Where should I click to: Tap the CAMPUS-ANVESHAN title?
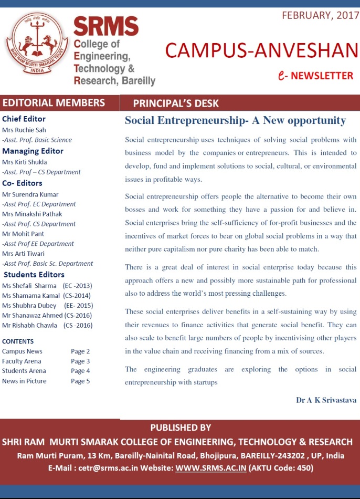pyautogui.click(x=261, y=50)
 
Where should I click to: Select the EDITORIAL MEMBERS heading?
pyautogui.click(x=54, y=103)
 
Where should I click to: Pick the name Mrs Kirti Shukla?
pyautogui.click(x=25, y=162)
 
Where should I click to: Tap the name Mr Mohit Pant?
pyautogui.click(x=23, y=234)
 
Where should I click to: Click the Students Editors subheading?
pyautogui.click(x=34, y=275)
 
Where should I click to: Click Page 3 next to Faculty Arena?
pyautogui.click(x=80, y=361)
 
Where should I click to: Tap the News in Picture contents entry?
pyautogui.click(x=24, y=381)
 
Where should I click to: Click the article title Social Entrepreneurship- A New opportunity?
pyautogui.click(x=235, y=121)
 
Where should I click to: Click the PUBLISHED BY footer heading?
pyautogui.click(x=180, y=428)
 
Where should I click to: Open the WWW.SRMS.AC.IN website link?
pyautogui.click(x=210, y=467)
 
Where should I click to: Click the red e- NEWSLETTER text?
pyautogui.click(x=316, y=76)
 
